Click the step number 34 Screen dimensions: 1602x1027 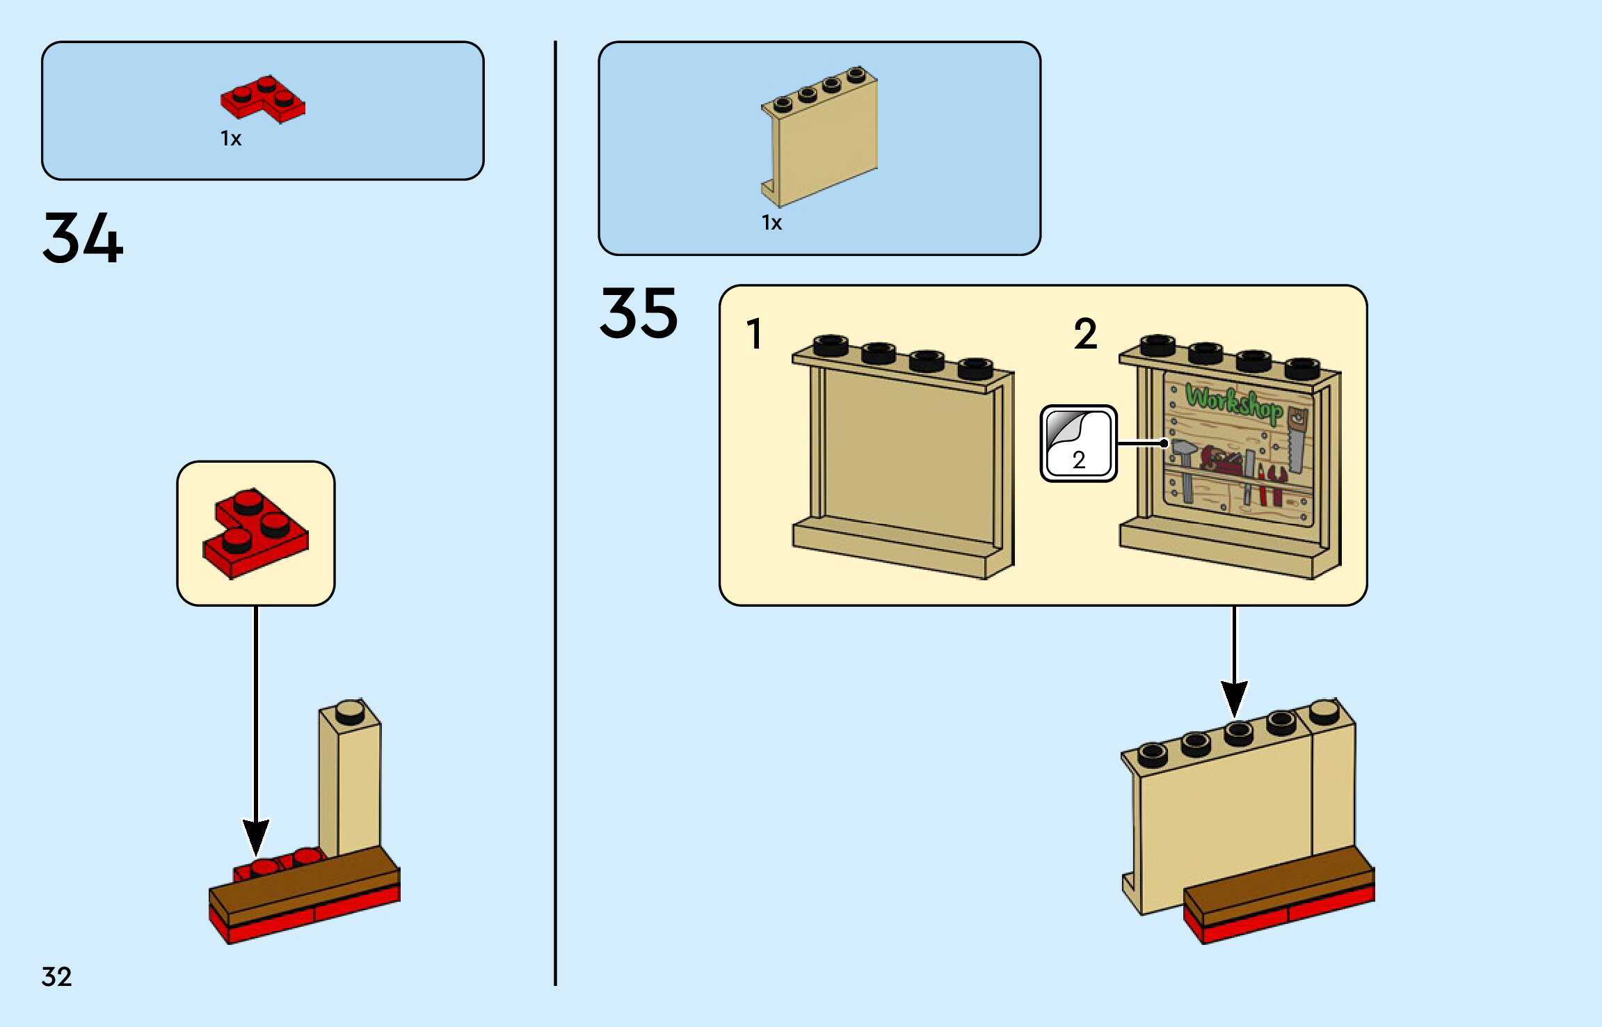83,238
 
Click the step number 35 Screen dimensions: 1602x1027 639,313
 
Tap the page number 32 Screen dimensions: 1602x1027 56,977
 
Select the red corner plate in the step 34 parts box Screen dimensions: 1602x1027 263,99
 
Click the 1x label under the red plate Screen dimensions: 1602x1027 231,138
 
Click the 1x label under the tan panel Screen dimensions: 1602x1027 771,223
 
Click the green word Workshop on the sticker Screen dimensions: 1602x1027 1234,403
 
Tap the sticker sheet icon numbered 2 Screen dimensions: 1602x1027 1078,444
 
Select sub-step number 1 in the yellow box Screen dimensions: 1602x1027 754,333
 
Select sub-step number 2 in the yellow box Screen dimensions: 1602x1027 1085,333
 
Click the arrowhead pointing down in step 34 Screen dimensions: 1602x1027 256,838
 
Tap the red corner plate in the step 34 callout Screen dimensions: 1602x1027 256,533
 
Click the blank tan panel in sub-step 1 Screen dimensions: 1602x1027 904,456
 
